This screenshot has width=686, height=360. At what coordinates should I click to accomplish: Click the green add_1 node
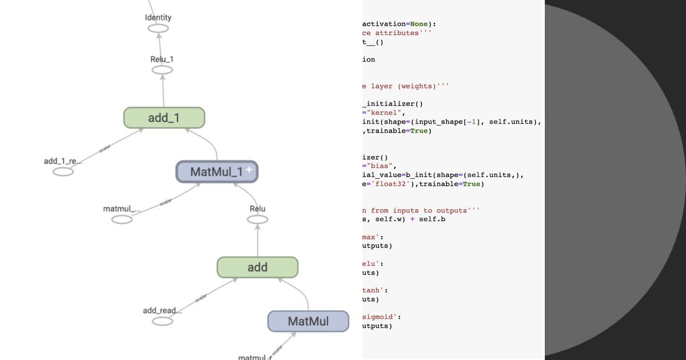pos(164,118)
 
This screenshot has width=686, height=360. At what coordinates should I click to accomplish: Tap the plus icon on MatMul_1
pos(249,170)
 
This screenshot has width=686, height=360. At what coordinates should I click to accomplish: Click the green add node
pos(257,267)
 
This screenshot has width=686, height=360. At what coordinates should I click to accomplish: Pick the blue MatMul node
pos(308,321)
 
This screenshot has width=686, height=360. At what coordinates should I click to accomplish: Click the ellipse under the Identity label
pos(158,29)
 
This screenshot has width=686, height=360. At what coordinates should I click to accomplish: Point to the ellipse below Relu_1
pos(162,70)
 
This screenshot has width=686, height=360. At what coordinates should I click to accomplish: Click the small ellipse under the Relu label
pos(258,219)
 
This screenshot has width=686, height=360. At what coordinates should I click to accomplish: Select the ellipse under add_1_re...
pos(63,171)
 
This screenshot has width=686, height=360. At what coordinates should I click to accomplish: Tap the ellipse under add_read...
pos(162,321)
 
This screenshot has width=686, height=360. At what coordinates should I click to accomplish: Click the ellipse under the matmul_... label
pos(122,219)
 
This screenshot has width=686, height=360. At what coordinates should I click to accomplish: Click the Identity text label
pos(158,18)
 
